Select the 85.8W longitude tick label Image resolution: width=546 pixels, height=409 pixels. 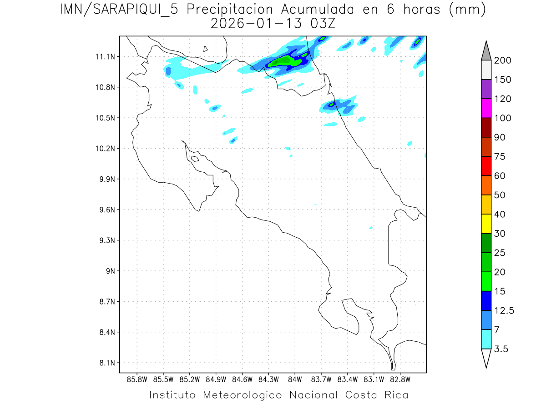point(137,379)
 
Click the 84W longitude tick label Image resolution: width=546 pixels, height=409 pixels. point(295,379)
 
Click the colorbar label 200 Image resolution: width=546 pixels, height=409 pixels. point(503,60)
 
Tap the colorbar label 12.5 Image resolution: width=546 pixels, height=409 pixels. point(505,310)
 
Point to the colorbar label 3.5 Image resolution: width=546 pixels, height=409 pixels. point(501,349)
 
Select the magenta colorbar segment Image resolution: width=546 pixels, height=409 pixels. point(486,108)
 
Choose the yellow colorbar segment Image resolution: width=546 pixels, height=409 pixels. point(486,224)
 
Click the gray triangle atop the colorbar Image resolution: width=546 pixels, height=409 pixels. point(486,51)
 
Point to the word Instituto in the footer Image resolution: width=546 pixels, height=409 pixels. point(172,395)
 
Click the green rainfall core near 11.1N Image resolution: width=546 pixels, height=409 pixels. point(283,61)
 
